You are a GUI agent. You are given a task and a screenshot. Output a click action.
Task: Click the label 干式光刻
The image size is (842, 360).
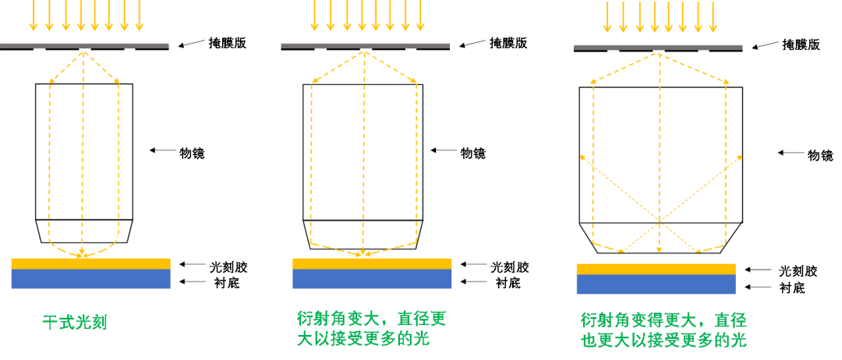point(74,323)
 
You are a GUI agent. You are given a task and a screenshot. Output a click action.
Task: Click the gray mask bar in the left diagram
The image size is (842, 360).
point(84,45)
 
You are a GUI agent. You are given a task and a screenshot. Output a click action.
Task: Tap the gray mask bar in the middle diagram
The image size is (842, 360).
point(365,45)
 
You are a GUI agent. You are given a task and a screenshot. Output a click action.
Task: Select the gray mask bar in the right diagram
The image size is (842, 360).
point(657,47)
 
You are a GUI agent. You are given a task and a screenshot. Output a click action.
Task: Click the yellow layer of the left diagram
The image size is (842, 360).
point(90,263)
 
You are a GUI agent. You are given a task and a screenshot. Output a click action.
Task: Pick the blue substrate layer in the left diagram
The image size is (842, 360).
point(90,279)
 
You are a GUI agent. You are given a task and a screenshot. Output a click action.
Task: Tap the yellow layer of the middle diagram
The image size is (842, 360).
point(371,263)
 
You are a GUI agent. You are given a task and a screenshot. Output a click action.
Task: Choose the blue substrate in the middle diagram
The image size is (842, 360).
point(371,279)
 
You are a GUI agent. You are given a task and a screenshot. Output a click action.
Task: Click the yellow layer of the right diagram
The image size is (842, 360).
point(656,269)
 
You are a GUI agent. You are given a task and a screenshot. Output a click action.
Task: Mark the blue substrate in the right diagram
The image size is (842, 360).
point(656,284)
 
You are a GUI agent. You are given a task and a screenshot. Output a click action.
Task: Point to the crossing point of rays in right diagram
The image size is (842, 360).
point(660,221)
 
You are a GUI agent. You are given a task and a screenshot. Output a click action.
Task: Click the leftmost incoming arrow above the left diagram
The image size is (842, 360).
point(34,16)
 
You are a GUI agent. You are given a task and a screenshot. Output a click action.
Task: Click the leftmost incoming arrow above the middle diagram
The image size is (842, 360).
point(315,16)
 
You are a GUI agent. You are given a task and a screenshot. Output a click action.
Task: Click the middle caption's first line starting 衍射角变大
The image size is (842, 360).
point(371,319)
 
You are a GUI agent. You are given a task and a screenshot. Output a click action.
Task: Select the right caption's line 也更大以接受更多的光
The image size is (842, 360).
point(663,341)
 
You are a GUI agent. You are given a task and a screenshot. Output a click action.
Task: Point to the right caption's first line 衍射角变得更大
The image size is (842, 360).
point(663,320)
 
